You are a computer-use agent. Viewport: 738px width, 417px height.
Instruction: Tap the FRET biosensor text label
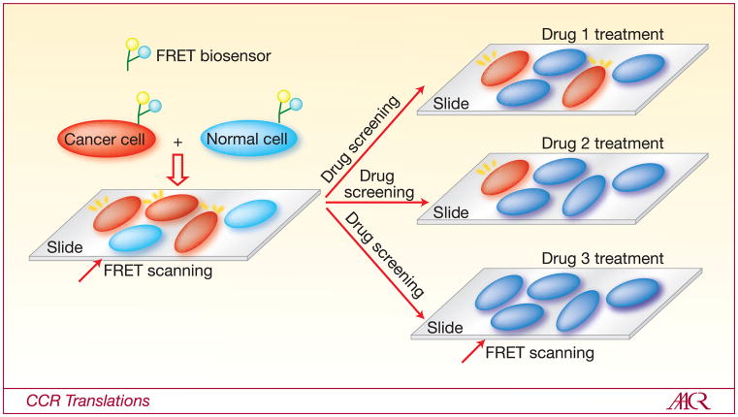coord(217,56)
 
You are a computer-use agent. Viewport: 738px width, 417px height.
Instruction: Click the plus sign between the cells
coord(177,142)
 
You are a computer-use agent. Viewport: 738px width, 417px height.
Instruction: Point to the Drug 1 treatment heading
coord(602,34)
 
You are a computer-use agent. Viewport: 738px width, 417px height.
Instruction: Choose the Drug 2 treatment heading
coord(602,143)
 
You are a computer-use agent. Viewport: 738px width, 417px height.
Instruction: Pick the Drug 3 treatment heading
coord(602,258)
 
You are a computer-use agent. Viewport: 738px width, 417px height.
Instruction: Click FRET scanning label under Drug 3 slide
coord(539,352)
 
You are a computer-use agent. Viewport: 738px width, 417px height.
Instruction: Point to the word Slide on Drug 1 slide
coord(451,103)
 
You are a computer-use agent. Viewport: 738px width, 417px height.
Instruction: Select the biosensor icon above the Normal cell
coord(287,103)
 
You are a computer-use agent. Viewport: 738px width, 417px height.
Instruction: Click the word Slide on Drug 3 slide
coord(445,327)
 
